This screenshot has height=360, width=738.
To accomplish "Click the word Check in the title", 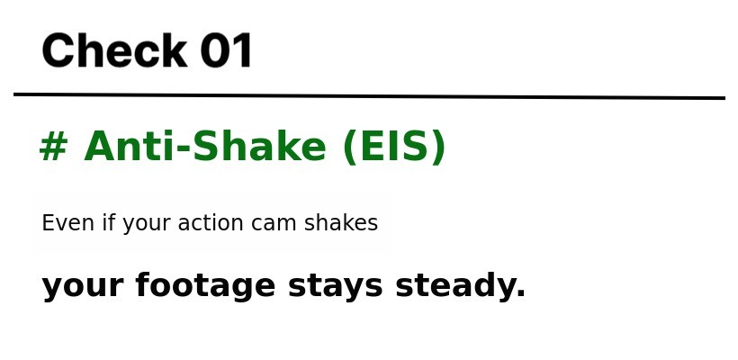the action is pyautogui.click(x=115, y=50).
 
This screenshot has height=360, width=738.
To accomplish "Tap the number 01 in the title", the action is pyautogui.click(x=227, y=50).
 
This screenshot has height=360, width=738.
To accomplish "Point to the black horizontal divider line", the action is pyautogui.click(x=369, y=96).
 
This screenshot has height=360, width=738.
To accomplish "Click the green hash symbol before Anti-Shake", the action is pyautogui.click(x=54, y=147).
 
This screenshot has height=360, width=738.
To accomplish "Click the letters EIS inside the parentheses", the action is pyautogui.click(x=393, y=147).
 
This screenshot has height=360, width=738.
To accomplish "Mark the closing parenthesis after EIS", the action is pyautogui.click(x=437, y=148).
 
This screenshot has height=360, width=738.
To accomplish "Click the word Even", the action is pyautogui.click(x=67, y=222).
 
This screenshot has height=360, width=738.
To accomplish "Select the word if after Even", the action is pyautogui.click(x=108, y=222).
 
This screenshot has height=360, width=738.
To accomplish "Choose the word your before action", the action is pyautogui.click(x=147, y=225).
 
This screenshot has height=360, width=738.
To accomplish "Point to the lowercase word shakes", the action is pyautogui.click(x=341, y=222).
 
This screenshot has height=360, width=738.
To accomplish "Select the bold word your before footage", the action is pyautogui.click(x=83, y=288).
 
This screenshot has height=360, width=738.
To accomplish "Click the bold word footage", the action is pyautogui.click(x=205, y=286).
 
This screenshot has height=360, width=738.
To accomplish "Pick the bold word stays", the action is pyautogui.click(x=335, y=287).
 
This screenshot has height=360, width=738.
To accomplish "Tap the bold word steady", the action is pyautogui.click(x=455, y=286).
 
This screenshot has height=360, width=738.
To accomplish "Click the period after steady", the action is pyautogui.click(x=520, y=293).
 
